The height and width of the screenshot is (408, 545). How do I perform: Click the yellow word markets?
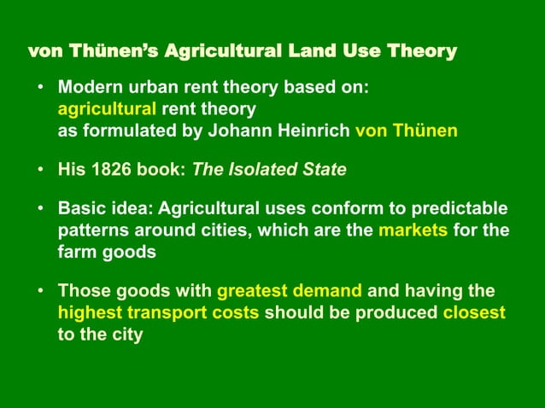413,230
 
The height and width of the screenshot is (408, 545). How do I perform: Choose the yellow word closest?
474,312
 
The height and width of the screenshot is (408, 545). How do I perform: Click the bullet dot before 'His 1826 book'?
40,170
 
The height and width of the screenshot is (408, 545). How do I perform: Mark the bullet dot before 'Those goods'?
40,291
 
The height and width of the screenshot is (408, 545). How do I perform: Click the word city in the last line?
125,334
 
